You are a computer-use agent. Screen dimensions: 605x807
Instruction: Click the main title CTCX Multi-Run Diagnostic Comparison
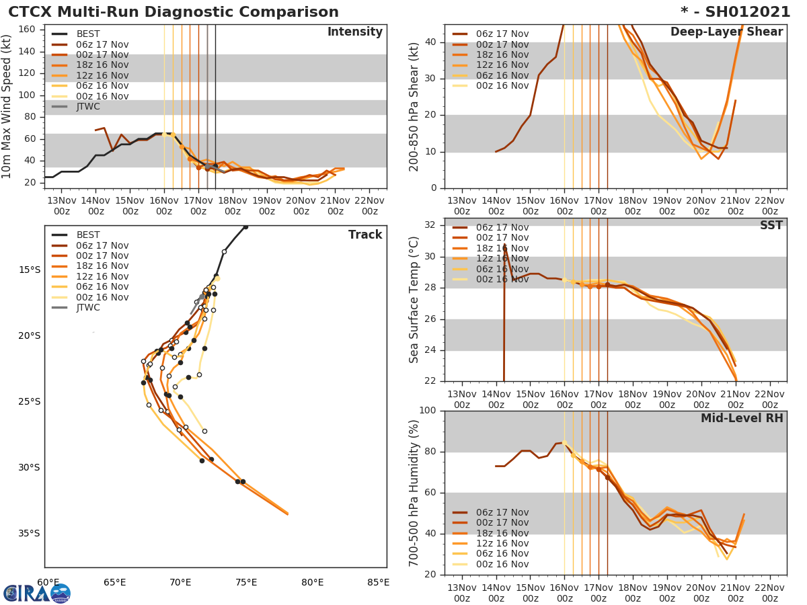174,12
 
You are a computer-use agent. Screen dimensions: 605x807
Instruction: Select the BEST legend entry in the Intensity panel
87,34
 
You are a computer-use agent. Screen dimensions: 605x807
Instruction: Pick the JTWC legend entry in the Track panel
87,308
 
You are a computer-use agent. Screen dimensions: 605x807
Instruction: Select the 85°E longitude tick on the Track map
378,582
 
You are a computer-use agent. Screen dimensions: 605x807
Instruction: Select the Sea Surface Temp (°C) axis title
414,300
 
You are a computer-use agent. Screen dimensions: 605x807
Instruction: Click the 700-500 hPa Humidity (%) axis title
414,493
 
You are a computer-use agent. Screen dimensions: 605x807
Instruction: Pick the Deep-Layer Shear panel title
726,33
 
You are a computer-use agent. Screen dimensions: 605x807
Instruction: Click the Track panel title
364,235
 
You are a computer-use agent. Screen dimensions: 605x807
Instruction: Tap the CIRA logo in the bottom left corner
37,593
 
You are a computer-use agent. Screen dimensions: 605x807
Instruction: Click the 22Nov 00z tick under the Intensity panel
370,206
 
